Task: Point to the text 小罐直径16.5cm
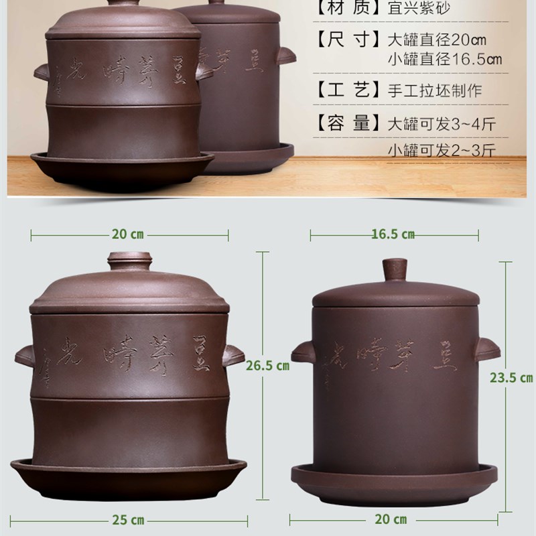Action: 445,60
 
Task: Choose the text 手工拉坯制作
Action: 435,90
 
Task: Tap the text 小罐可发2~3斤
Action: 441,151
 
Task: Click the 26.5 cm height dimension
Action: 267,366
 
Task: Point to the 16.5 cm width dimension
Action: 393,234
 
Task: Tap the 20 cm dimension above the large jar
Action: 129,234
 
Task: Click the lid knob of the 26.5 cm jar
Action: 131,261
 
